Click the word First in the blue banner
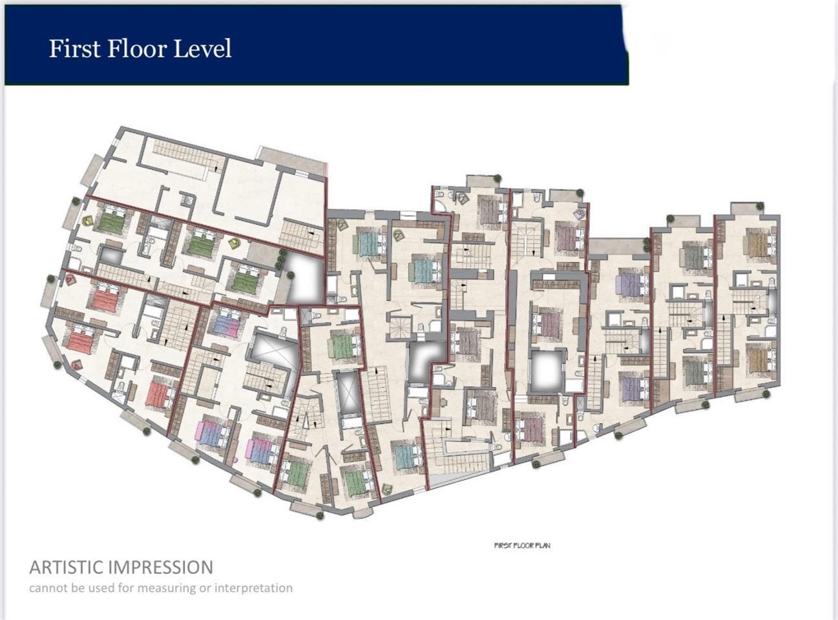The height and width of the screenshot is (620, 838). (x=75, y=48)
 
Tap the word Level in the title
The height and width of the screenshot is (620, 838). (x=202, y=48)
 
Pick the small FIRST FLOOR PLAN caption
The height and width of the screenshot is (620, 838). (x=522, y=546)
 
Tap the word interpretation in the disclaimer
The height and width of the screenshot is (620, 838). (x=253, y=588)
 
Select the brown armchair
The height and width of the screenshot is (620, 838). (x=463, y=198)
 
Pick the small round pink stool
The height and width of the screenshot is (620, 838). (x=236, y=460)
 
